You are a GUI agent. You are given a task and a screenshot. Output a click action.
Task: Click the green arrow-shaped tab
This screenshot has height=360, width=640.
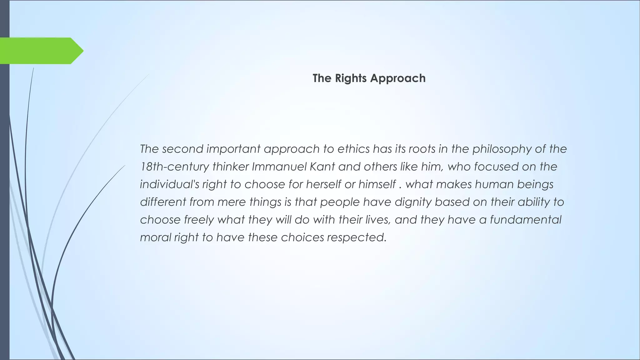[x=39, y=51]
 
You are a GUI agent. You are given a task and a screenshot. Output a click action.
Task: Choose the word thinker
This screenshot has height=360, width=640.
[x=230, y=167]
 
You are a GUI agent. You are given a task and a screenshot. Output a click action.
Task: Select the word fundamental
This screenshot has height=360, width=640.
[x=526, y=220]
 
